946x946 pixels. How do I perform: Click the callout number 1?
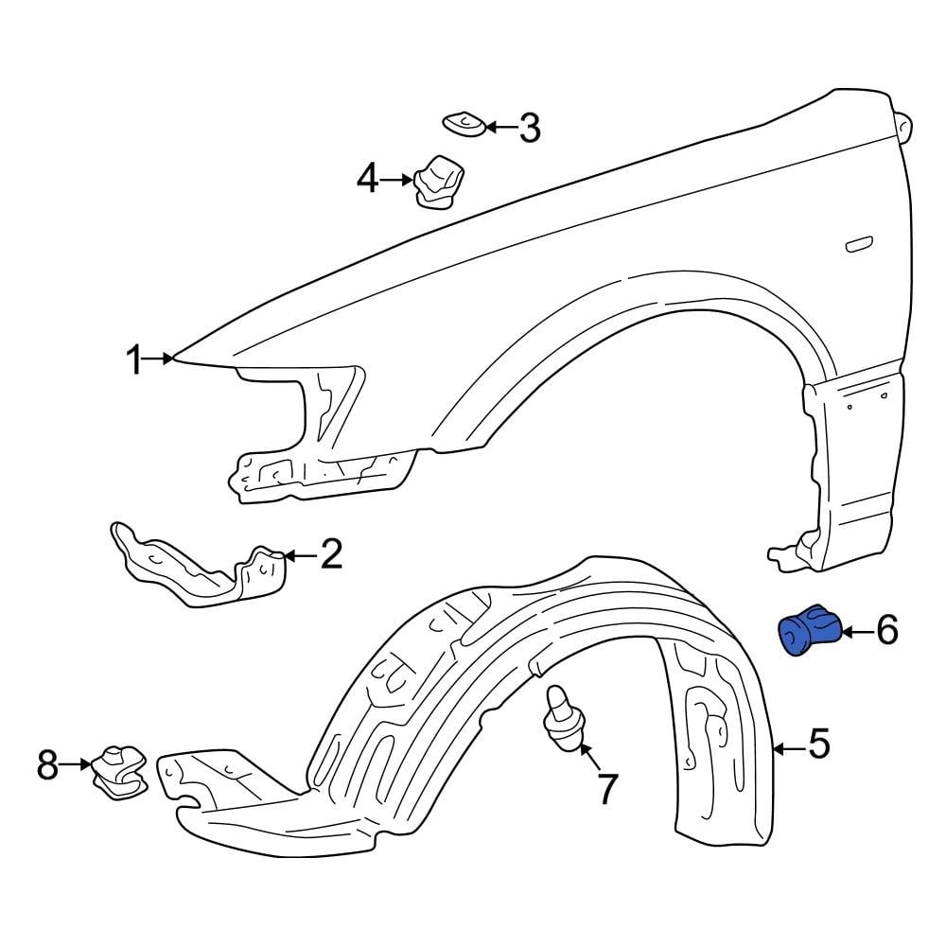pyautogui.click(x=136, y=359)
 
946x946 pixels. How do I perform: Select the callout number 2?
pyautogui.click(x=330, y=555)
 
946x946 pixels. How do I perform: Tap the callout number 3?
pyautogui.click(x=529, y=127)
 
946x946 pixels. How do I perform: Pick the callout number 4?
pyautogui.click(x=367, y=178)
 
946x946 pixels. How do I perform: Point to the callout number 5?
pyautogui.click(x=818, y=745)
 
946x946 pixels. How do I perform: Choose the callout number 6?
pyautogui.click(x=886, y=629)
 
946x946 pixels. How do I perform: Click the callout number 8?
pyautogui.click(x=48, y=764)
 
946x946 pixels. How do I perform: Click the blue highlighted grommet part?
pyautogui.click(x=807, y=630)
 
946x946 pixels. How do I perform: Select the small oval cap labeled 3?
pyautogui.click(x=464, y=123)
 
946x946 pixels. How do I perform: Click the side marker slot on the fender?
pyautogui.click(x=860, y=245)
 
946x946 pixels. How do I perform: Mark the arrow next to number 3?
pyautogui.click(x=500, y=126)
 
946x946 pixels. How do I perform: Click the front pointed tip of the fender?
pyautogui.click(x=176, y=358)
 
